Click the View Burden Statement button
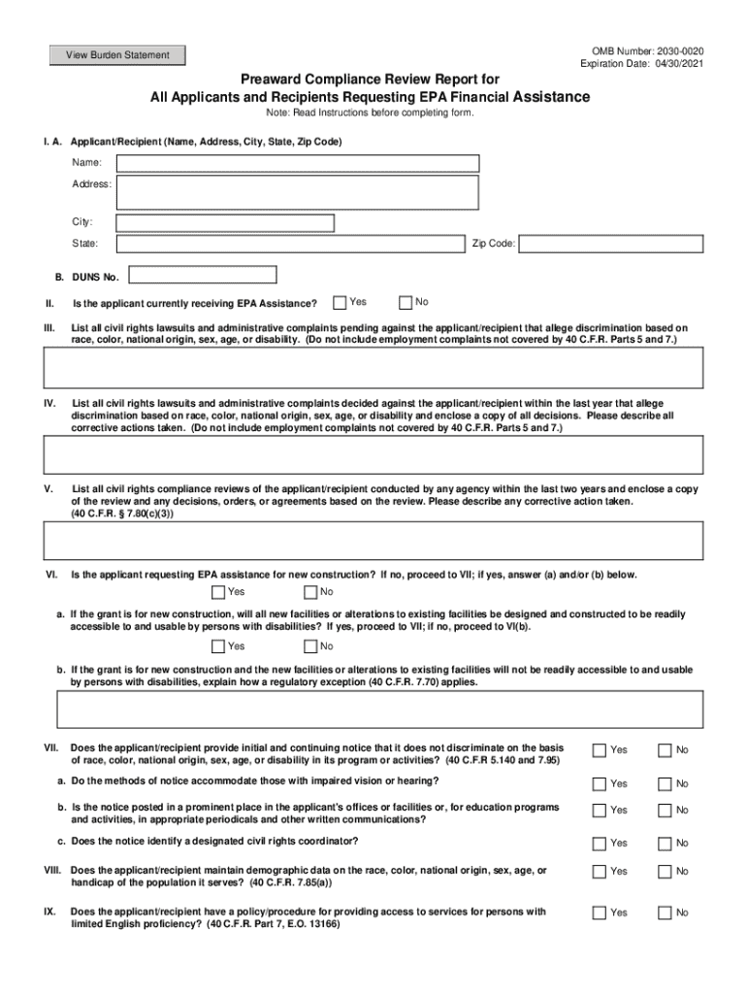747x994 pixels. (x=117, y=55)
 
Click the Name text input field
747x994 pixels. (x=298, y=163)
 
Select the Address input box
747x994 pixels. (x=298, y=192)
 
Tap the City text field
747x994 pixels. (x=225, y=223)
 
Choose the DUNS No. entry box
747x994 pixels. (x=203, y=276)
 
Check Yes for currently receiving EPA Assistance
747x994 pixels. (x=340, y=303)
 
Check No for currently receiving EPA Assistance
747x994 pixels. (x=406, y=303)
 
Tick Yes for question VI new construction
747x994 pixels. (x=219, y=592)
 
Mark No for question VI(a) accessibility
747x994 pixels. (x=310, y=646)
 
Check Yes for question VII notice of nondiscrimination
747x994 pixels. (x=600, y=750)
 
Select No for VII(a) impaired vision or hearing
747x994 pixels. (x=665, y=783)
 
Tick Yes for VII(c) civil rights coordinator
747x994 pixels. (x=600, y=843)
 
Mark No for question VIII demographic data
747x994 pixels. (x=665, y=872)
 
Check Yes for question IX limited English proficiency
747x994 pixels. (x=600, y=912)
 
